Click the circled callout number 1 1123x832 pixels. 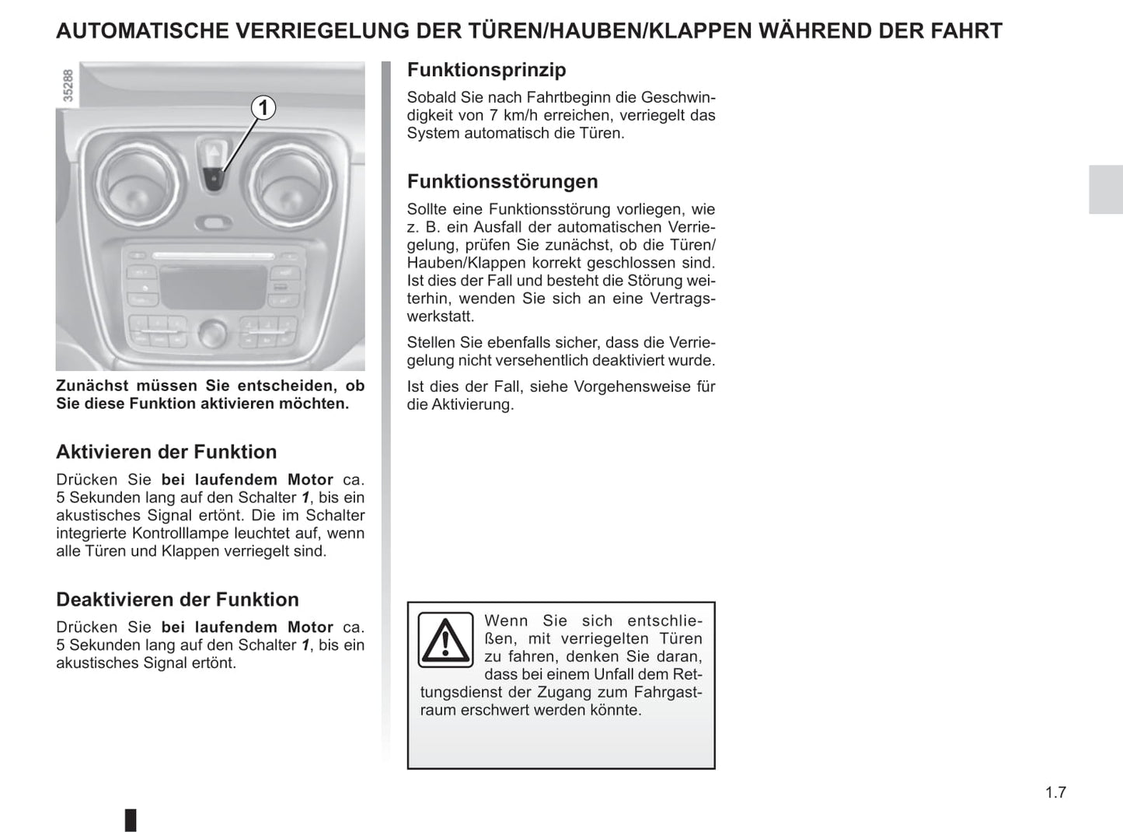coord(263,107)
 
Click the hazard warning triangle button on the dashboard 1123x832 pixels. coord(214,151)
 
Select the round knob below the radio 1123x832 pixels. coord(211,333)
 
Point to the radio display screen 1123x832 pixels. coord(213,285)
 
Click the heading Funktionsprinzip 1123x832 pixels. coord(487,70)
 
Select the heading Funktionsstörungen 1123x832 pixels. coord(503,182)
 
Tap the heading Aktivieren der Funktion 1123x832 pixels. coord(166,453)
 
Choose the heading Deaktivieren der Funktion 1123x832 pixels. coord(177,600)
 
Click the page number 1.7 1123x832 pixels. coord(1055,792)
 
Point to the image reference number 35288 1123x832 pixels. coord(68,86)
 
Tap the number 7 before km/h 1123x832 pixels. coord(493,116)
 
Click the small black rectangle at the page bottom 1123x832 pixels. coord(131,820)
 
